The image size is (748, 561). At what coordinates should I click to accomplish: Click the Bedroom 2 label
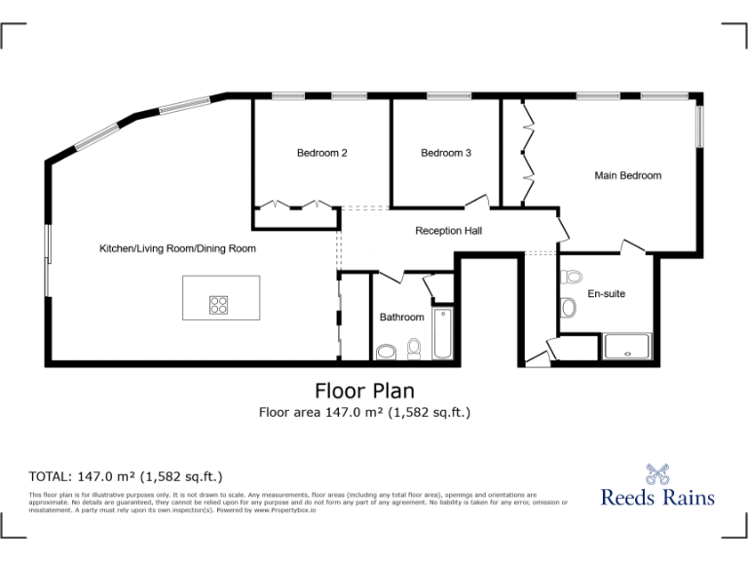coord(322,153)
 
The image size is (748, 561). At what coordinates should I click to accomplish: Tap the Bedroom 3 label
coord(446,153)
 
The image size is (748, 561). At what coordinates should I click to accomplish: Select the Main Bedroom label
coord(627,176)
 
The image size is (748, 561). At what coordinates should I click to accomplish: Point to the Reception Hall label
coord(448,231)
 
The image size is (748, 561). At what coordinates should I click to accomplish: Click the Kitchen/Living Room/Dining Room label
coord(177,248)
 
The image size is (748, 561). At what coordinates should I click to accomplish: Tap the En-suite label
coord(606,293)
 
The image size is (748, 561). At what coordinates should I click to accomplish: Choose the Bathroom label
coord(401,318)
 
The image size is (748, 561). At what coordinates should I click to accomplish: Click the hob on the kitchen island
coord(218,305)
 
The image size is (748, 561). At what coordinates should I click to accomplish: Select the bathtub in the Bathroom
coord(444,334)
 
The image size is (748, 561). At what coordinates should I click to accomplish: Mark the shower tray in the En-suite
coord(627,347)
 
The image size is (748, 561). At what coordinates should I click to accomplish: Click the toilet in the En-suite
coord(572,277)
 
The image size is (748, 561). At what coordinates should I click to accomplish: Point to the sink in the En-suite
coord(570,309)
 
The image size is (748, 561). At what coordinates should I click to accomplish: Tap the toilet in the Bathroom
coord(414,349)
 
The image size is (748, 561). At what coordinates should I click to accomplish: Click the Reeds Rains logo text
coord(657,497)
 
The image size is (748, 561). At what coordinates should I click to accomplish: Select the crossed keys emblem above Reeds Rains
coord(657,473)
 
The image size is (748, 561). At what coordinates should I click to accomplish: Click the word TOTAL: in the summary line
coord(50,476)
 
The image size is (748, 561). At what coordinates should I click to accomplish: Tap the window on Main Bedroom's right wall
coord(698,125)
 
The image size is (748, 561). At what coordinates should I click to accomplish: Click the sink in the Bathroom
coord(387,352)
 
